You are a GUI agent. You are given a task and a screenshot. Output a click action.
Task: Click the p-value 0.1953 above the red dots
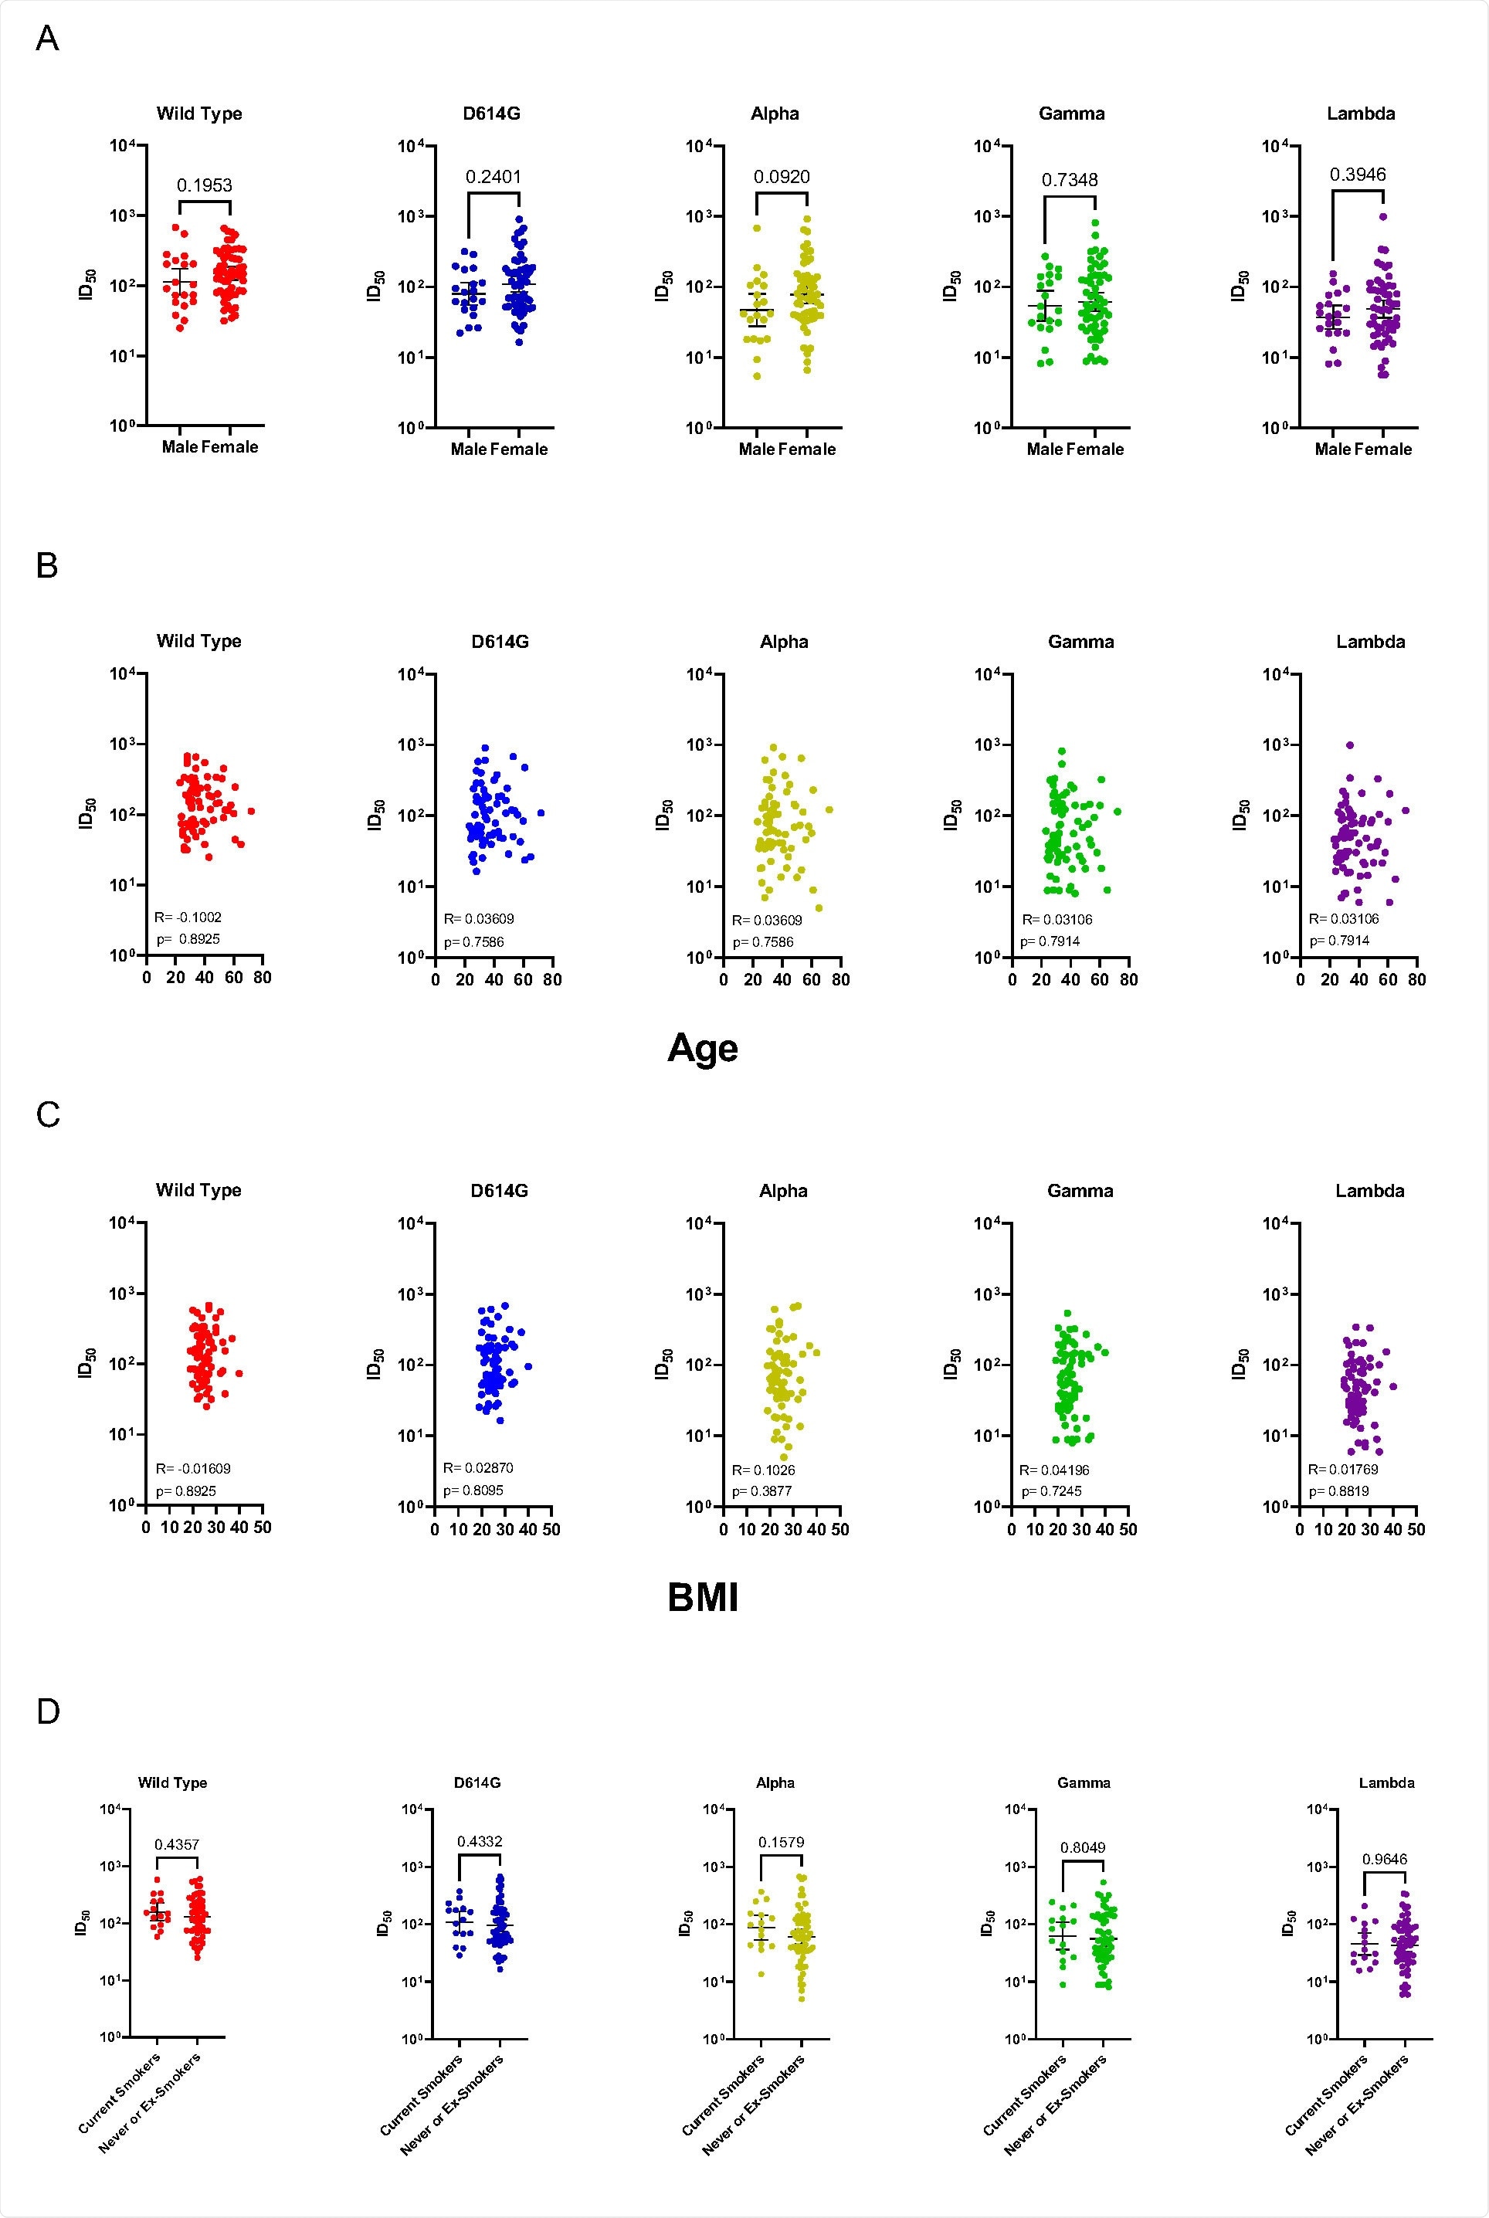pyautogui.click(x=204, y=185)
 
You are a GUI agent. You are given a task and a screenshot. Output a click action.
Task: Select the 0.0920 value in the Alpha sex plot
pyautogui.click(x=782, y=177)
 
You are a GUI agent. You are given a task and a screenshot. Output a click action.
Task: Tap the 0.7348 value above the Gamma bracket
pyautogui.click(x=1070, y=179)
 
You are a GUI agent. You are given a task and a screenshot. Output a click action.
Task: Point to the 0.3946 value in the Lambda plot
pyautogui.click(x=1357, y=174)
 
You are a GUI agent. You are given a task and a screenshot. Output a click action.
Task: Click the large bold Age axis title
pyautogui.click(x=703, y=1048)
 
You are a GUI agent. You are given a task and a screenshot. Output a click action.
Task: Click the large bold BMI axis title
pyautogui.click(x=703, y=1597)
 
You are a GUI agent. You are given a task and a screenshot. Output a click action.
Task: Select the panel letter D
pyautogui.click(x=47, y=1712)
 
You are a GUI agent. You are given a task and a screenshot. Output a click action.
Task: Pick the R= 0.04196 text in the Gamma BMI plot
pyautogui.click(x=1054, y=1470)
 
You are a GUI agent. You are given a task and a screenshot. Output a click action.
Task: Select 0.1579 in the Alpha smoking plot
pyautogui.click(x=781, y=1843)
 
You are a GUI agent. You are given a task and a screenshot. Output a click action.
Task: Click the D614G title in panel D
pyautogui.click(x=477, y=1782)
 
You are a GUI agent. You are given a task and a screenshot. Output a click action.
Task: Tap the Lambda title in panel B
pyautogui.click(x=1370, y=642)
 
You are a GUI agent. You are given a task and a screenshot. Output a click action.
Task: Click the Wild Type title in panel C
pyautogui.click(x=198, y=1190)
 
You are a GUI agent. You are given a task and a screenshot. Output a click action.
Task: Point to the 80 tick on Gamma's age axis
pyautogui.click(x=1128, y=979)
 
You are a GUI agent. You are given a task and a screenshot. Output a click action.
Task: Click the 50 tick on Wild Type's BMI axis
pyautogui.click(x=262, y=1528)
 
